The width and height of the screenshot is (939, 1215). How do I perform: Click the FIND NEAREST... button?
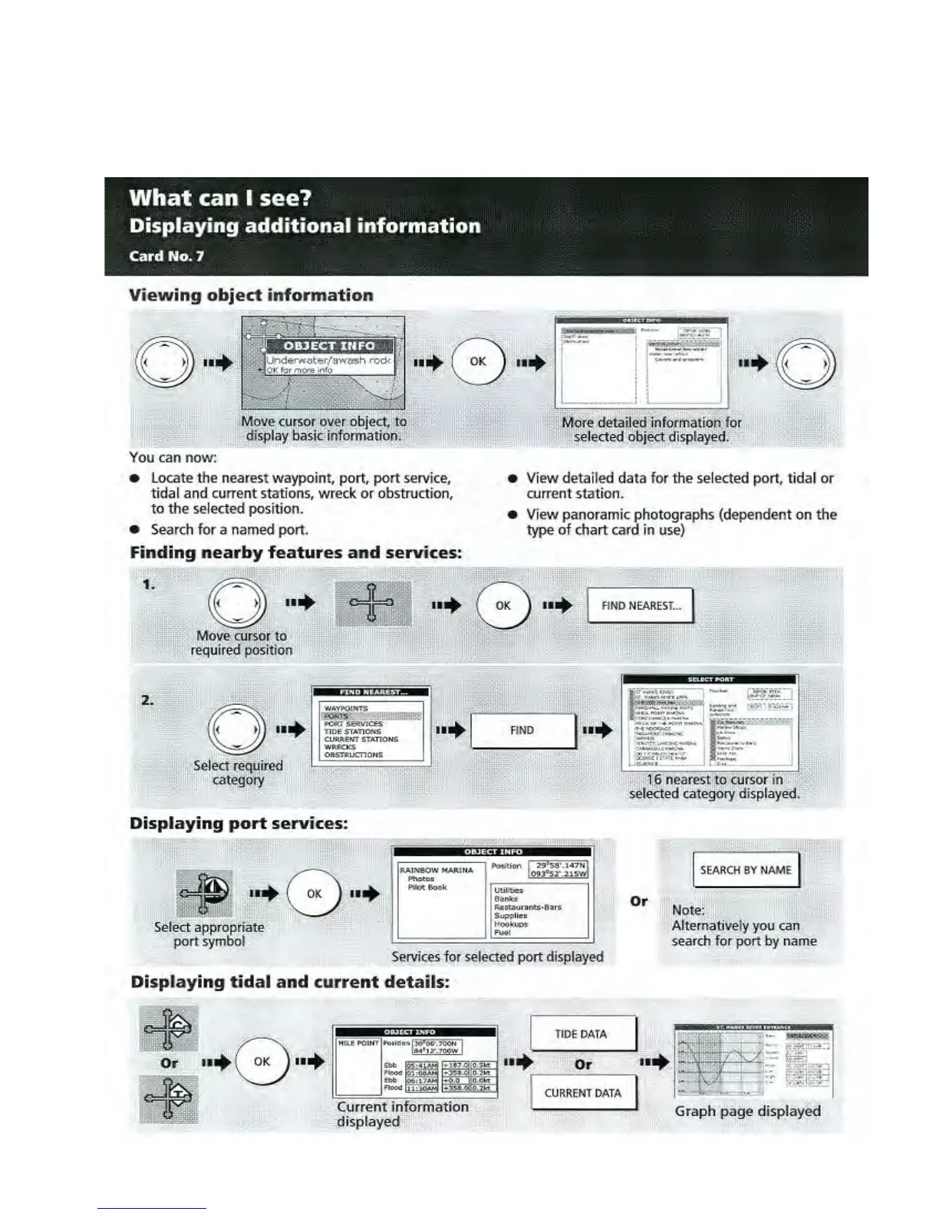click(x=640, y=606)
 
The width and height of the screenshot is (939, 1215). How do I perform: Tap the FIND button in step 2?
click(x=522, y=730)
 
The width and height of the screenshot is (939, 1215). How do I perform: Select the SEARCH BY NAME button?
click(x=745, y=870)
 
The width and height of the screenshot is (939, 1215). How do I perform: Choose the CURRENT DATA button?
click(x=582, y=1093)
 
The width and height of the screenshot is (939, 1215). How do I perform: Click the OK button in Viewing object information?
click(x=478, y=361)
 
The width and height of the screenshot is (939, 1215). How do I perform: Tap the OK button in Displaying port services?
click(x=314, y=894)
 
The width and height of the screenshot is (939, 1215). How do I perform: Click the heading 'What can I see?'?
click(x=220, y=198)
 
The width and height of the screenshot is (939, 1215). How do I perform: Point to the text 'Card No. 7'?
click(x=166, y=256)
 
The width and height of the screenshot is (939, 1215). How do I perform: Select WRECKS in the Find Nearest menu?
click(x=340, y=747)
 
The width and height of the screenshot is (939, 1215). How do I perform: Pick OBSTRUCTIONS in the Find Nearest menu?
click(x=353, y=755)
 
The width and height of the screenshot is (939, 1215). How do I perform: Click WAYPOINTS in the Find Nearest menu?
click(x=346, y=708)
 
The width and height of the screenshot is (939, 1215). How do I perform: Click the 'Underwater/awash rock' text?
click(x=328, y=360)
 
